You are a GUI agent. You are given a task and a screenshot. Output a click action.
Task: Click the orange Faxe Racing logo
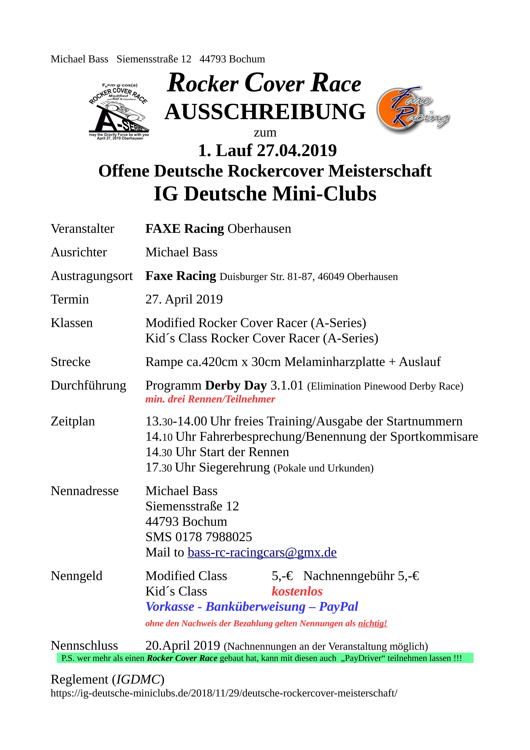(x=412, y=110)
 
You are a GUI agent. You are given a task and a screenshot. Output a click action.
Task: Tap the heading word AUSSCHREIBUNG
(x=265, y=112)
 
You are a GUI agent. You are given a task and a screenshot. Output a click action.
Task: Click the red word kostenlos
(x=297, y=591)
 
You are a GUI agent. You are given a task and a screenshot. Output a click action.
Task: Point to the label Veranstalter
(x=82, y=229)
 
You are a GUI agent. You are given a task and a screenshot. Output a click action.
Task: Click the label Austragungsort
(x=92, y=276)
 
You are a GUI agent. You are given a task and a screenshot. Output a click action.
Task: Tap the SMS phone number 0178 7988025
(x=214, y=537)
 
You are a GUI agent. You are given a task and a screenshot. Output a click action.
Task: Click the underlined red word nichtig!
(x=372, y=624)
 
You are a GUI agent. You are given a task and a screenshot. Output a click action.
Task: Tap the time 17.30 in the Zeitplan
(x=158, y=467)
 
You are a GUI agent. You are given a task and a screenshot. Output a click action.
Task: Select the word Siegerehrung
(x=234, y=467)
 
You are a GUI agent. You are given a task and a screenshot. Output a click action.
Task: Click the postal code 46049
(x=331, y=277)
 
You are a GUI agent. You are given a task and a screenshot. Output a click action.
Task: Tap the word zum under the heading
(x=265, y=133)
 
